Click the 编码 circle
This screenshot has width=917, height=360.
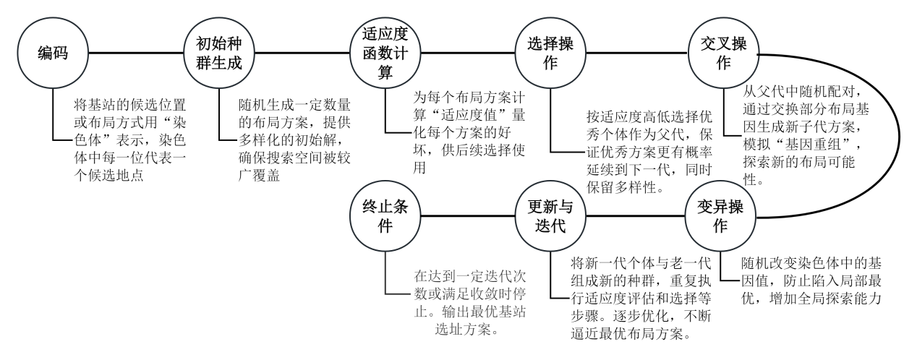(x=53, y=53)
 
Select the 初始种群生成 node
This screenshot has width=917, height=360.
(x=219, y=53)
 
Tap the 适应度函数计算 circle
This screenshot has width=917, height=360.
(x=385, y=53)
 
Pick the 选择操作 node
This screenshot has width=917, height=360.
(x=550, y=53)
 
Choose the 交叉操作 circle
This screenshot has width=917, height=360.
(x=723, y=53)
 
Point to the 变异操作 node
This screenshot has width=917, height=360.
(x=720, y=216)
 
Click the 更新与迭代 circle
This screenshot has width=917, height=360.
(x=550, y=216)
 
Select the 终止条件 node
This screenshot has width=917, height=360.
(x=385, y=216)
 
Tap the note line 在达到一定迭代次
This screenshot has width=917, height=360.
(x=469, y=276)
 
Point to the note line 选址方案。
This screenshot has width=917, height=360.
(x=468, y=330)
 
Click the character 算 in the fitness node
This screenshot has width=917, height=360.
(x=385, y=72)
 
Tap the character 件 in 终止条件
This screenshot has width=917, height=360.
(x=385, y=226)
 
